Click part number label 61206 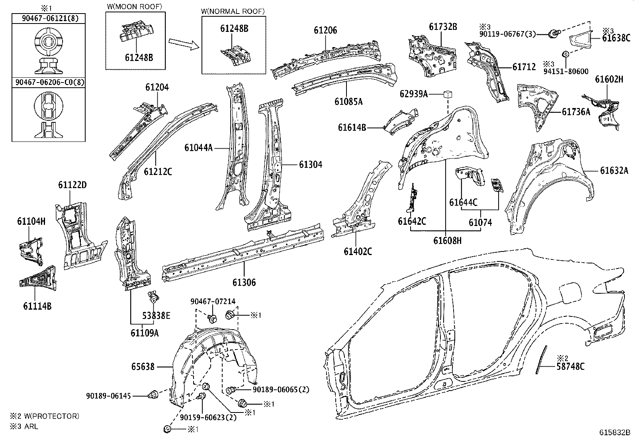pyautogui.click(x=325, y=30)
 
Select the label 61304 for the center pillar pyautogui.click(x=311, y=165)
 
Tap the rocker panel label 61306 pyautogui.click(x=244, y=283)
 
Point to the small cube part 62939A pyautogui.click(x=448, y=94)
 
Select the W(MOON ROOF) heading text pyautogui.click(x=135, y=6)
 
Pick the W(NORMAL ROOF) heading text pyautogui.click(x=233, y=11)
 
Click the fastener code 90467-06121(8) pyautogui.click(x=50, y=19)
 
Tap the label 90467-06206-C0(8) pyautogui.click(x=50, y=82)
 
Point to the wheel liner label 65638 pyautogui.click(x=143, y=367)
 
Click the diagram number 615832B pyautogui.click(x=614, y=432)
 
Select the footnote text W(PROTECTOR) pyautogui.click(x=51, y=416)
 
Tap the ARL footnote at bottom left pyautogui.click(x=31, y=426)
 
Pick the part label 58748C pyautogui.click(x=570, y=367)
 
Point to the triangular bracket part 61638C pyautogui.click(x=580, y=39)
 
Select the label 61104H pyautogui.click(x=31, y=221)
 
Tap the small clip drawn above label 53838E pyautogui.click(x=154, y=297)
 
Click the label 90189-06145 pyautogui.click(x=108, y=396)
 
